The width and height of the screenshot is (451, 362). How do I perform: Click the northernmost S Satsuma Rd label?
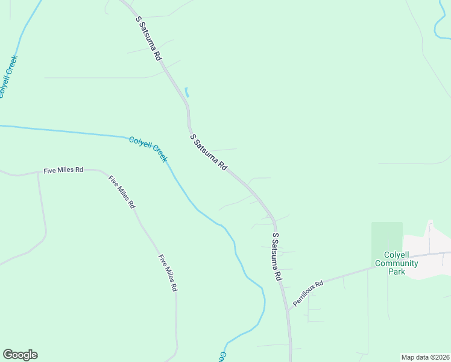click(149, 38)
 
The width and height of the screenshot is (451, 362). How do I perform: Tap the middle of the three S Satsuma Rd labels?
click(209, 153)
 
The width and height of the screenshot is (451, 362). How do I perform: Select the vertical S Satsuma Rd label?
click(277, 256)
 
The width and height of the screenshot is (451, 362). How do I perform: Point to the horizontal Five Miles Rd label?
click(63, 170)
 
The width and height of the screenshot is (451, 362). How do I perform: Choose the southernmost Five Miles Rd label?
click(168, 273)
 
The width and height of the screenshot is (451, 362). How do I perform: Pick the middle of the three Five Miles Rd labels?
click(122, 192)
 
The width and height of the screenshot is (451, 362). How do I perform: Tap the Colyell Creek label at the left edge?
click(8, 77)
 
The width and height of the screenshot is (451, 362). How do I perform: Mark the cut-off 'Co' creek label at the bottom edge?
click(222, 357)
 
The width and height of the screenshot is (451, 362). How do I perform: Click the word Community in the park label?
click(396, 263)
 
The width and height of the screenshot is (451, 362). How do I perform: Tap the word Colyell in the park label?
click(396, 255)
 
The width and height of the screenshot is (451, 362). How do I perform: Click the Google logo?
click(20, 355)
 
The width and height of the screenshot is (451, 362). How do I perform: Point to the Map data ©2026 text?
click(425, 357)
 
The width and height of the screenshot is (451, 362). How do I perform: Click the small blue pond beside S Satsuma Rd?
click(187, 92)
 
